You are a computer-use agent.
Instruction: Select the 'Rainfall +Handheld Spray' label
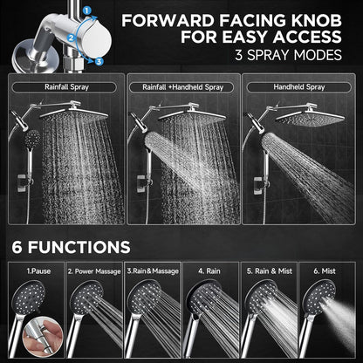tap(181, 87)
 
